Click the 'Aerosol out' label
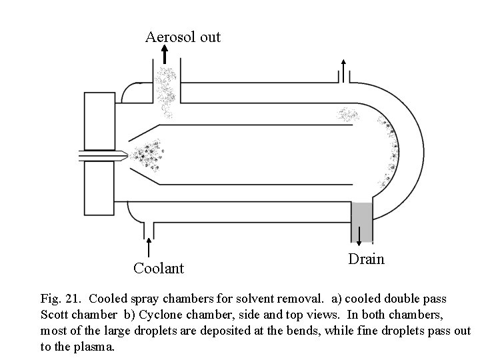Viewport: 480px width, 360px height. coord(183,37)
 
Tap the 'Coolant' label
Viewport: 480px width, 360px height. coord(158,268)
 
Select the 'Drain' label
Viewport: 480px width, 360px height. coord(366,259)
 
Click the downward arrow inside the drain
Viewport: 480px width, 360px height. coord(360,235)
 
